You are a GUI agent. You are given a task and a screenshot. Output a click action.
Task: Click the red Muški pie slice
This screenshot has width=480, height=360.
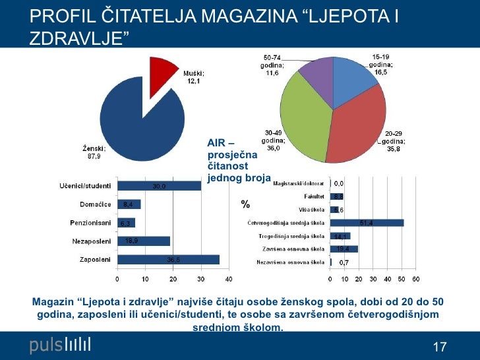pos(163,71)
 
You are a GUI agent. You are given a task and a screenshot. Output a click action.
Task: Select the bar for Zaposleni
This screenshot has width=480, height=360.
pos(168,260)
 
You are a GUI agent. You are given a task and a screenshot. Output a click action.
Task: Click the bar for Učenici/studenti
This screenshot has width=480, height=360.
pos(159,186)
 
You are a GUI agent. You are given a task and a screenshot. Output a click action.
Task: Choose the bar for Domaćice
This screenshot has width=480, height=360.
pos(129,204)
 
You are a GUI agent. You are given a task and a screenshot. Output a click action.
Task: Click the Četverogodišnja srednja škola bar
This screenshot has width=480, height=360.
pos(367,223)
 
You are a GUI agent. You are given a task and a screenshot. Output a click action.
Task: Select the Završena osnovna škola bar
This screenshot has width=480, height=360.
pos(344,249)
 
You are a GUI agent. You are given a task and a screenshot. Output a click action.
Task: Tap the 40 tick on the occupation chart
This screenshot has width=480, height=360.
pos(229,279)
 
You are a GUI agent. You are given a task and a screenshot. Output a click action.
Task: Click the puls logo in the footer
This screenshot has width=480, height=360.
pos(60,345)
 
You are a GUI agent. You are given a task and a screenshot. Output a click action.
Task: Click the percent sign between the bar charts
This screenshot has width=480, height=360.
pos(245,205)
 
